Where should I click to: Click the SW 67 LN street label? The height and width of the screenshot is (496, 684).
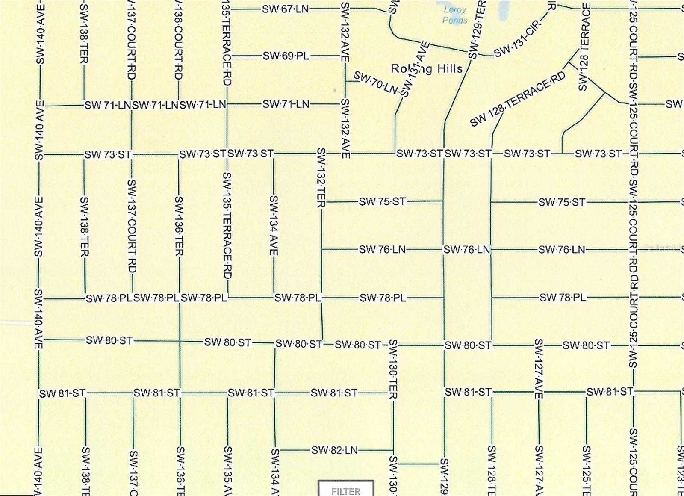pos(285,9)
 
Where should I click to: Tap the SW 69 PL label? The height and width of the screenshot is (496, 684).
pos(286,56)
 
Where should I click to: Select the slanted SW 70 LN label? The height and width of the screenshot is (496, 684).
pos(375,83)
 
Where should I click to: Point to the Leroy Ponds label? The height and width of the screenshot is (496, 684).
pos(454,15)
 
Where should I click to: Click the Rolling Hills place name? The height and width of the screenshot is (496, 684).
pos(427,68)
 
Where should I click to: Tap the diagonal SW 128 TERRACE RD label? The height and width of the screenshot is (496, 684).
pos(518,99)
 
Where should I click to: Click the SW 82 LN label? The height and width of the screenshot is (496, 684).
pos(334,450)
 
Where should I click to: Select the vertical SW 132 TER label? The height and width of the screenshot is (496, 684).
pos(321,178)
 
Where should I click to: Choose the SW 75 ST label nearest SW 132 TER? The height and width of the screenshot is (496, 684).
pos(382,201)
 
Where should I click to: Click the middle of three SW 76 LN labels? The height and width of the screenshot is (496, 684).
pos(467,250)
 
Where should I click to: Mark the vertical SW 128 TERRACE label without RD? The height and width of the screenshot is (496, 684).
pos(584,47)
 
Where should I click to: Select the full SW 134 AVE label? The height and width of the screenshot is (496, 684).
pos(274,225)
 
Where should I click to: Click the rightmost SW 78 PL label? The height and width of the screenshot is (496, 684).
pos(563,298)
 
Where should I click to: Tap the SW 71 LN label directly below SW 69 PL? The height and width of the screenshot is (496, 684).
pos(286,104)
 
